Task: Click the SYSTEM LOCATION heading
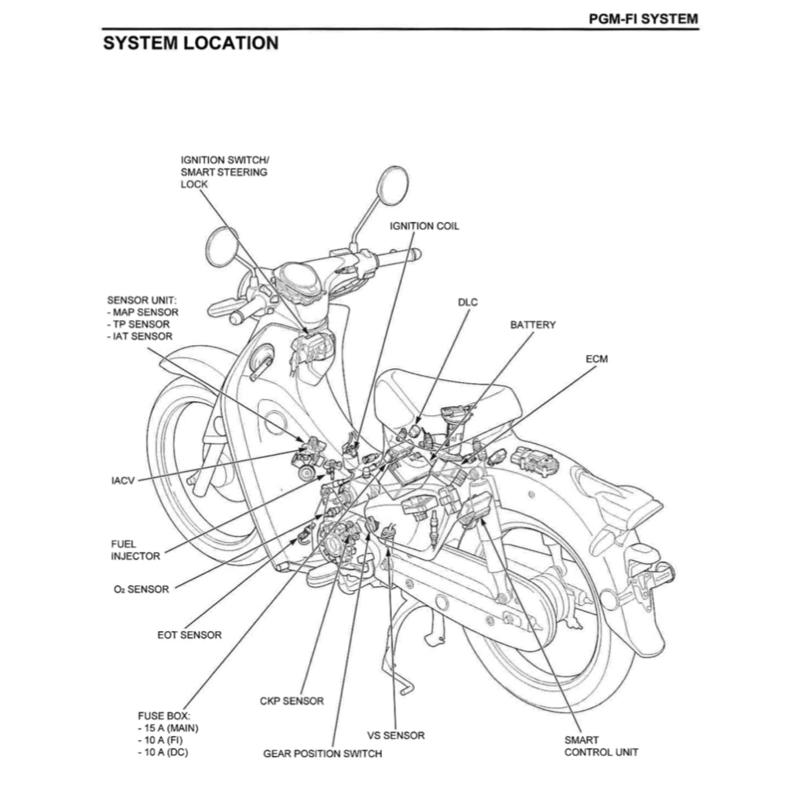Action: [x=190, y=43]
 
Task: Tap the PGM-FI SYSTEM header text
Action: [x=643, y=18]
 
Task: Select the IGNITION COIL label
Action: [x=424, y=226]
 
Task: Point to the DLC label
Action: [x=468, y=302]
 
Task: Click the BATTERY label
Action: [x=532, y=325]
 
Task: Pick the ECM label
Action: [x=596, y=360]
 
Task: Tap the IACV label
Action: [x=123, y=480]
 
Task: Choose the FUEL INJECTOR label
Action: [x=135, y=550]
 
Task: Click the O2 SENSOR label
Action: [x=140, y=589]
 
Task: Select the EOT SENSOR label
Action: [x=189, y=635]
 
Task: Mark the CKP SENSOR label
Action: [x=292, y=702]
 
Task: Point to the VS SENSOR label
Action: [x=395, y=736]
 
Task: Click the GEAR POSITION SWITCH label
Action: [x=322, y=753]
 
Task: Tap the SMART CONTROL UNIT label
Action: [x=601, y=746]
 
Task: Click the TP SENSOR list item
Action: [x=141, y=324]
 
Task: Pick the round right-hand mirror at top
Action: [x=394, y=186]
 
